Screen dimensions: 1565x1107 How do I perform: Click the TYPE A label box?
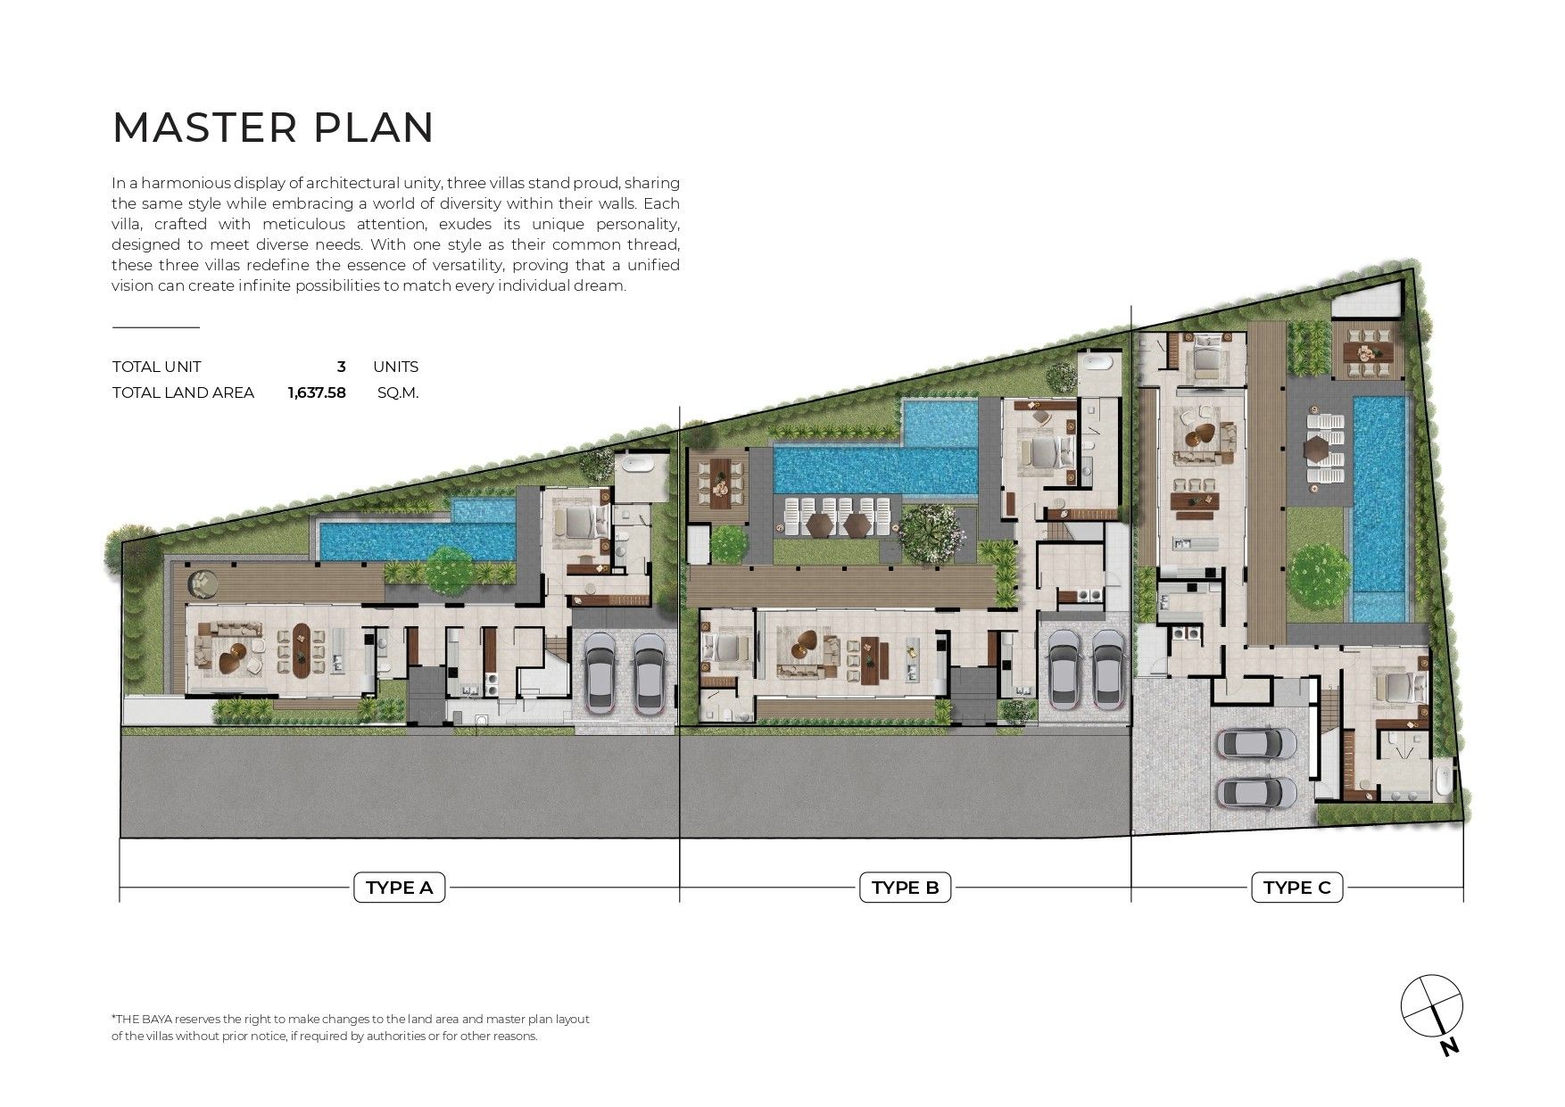[x=399, y=888]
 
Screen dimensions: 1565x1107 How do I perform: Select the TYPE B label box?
[x=905, y=888]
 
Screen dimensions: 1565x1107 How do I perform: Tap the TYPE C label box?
[x=1297, y=888]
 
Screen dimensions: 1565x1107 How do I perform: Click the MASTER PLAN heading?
[x=273, y=128]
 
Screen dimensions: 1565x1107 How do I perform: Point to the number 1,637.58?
[x=317, y=392]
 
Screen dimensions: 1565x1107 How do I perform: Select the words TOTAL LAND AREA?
[x=183, y=392]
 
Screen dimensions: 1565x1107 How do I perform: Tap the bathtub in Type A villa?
[x=640, y=463]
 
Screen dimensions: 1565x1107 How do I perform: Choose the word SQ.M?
[x=398, y=392]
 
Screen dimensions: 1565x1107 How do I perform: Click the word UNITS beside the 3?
[x=395, y=367]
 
